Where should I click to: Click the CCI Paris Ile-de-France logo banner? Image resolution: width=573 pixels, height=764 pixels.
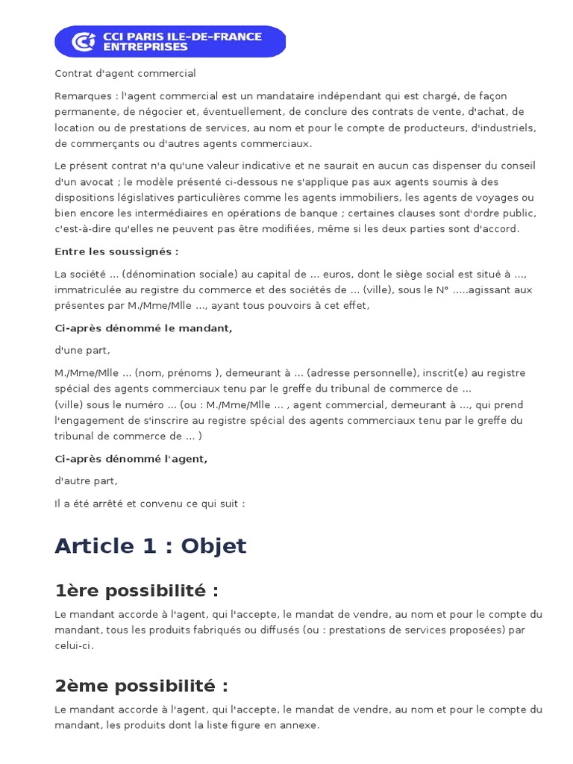click(170, 41)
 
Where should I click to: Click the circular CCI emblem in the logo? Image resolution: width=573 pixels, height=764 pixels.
click(84, 42)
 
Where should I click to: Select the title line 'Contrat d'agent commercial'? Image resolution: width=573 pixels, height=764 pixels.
click(125, 73)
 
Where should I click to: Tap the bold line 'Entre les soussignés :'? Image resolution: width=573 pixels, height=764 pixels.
click(116, 251)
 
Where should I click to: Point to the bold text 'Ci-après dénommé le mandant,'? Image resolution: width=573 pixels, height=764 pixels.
click(143, 328)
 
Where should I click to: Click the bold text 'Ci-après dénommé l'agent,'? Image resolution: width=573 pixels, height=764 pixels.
click(131, 459)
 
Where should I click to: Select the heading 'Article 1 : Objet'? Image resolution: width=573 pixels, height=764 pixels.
click(150, 545)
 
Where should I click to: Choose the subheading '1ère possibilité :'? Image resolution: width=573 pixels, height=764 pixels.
click(137, 590)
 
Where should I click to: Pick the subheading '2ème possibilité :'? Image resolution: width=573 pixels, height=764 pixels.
click(141, 685)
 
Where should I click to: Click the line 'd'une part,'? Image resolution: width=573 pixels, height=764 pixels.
click(82, 350)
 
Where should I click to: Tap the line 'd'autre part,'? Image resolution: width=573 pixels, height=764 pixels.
click(86, 481)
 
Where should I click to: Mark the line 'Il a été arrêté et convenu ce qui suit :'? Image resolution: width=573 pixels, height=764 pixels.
click(149, 504)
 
